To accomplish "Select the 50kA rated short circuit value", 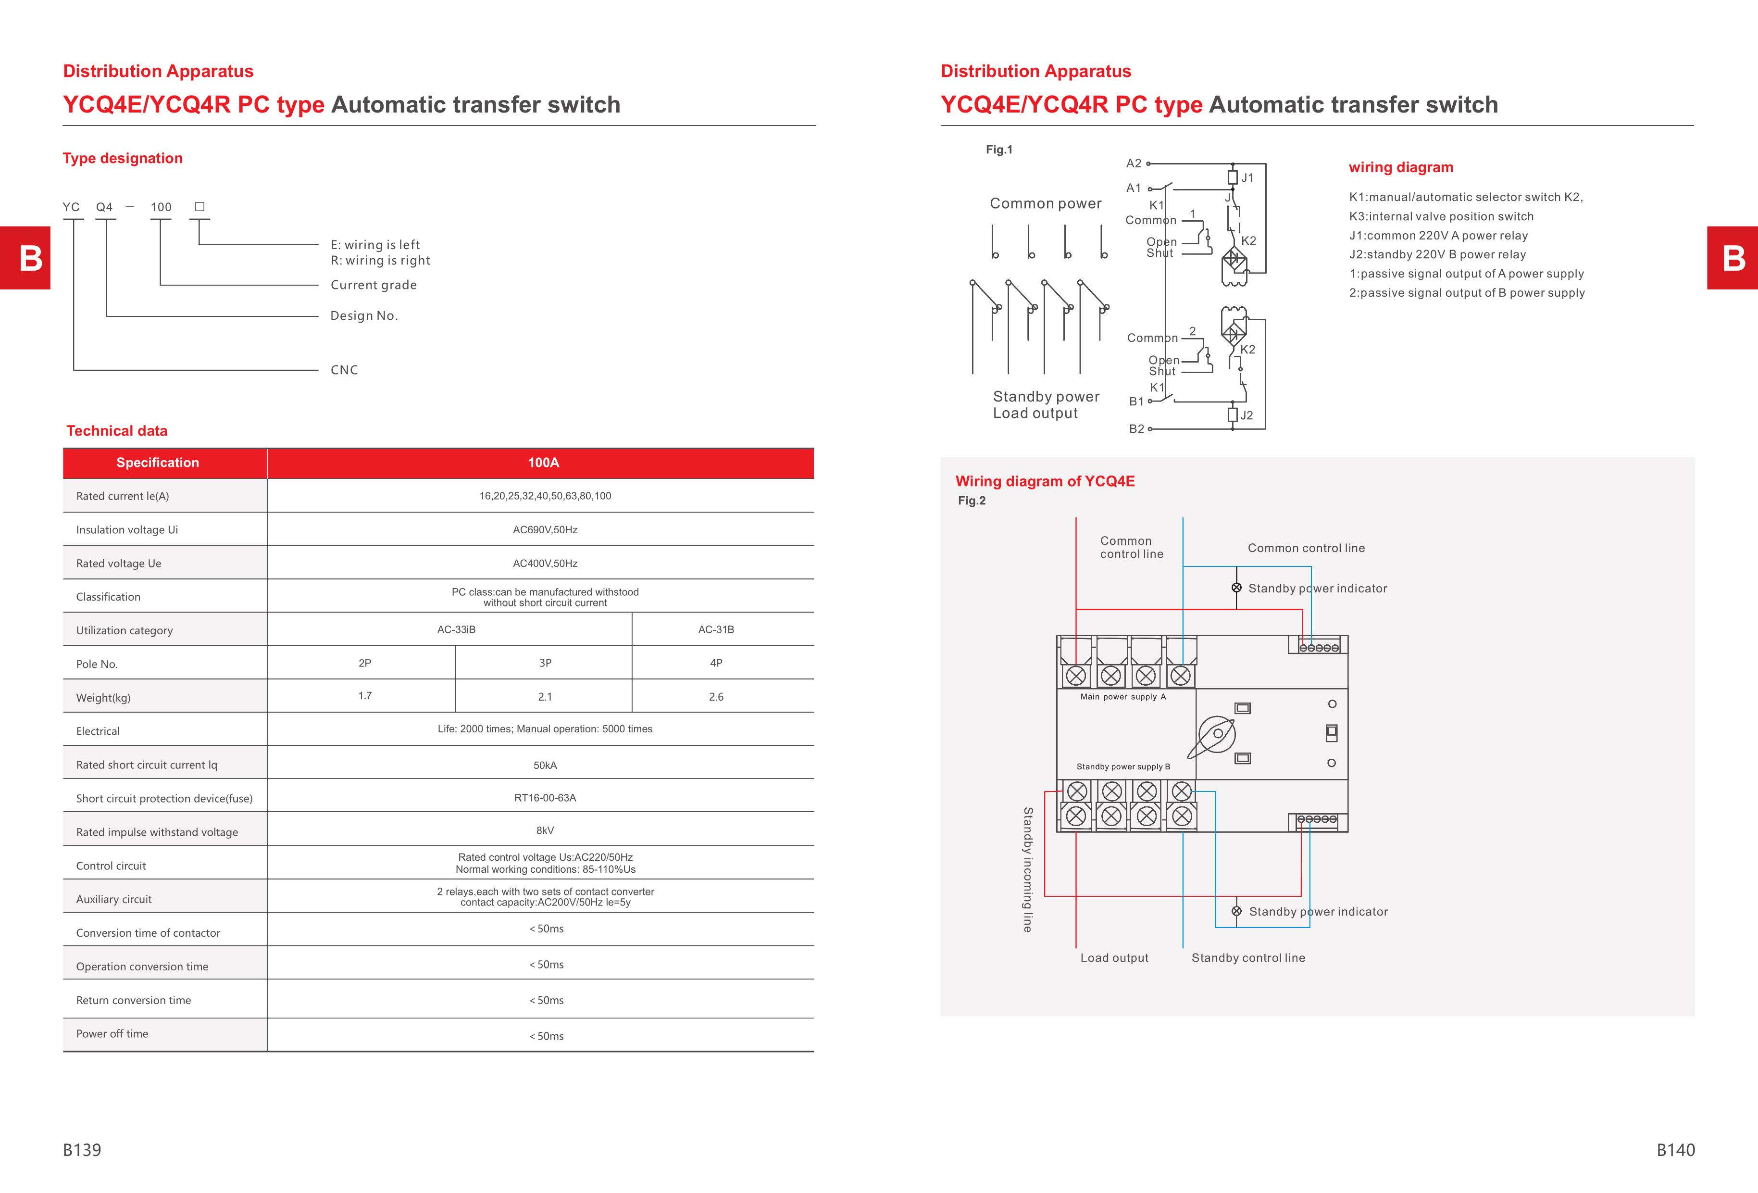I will (x=545, y=766).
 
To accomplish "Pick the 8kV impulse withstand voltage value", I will (x=545, y=830).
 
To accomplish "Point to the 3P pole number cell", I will (x=545, y=663).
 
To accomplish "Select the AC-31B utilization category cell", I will (x=716, y=629).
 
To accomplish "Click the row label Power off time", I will (x=112, y=1033).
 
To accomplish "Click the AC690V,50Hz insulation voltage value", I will (x=545, y=529).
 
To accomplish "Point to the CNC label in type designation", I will (x=344, y=370).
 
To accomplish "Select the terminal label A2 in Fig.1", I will (x=1133, y=163).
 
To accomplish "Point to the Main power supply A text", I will (x=1122, y=697).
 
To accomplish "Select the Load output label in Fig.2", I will (x=1113, y=958).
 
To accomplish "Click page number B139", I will (x=82, y=1150).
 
